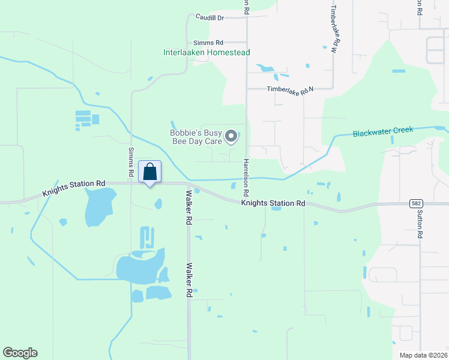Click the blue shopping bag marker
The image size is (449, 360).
150,172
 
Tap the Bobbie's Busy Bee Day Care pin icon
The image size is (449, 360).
232,137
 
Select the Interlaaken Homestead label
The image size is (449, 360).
206,52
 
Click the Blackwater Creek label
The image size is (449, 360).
382,131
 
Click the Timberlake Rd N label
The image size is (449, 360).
291,90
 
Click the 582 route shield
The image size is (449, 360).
417,204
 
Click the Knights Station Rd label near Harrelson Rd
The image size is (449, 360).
273,203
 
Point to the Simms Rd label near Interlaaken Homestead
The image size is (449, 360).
208,43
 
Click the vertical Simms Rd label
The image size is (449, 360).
131,162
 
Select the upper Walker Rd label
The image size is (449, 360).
188,208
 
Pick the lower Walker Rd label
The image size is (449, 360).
188,280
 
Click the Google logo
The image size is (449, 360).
20,353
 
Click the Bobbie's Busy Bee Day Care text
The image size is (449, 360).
196,137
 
